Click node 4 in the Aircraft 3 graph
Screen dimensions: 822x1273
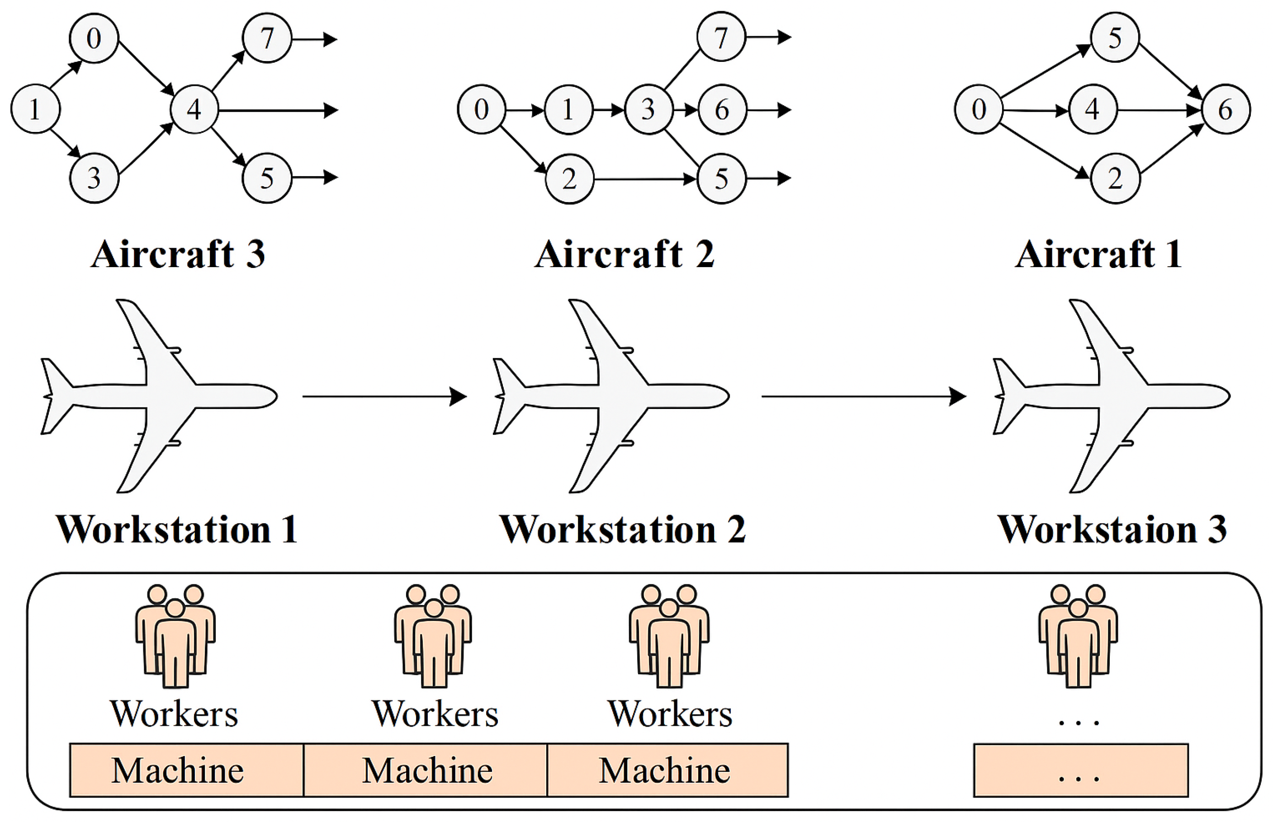194,109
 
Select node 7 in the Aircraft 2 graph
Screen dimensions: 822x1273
721,38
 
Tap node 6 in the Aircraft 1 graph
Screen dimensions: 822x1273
1226,109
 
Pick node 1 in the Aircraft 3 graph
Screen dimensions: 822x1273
35,109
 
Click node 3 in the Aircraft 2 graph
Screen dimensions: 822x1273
648,109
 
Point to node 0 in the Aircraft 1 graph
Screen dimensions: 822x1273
978,109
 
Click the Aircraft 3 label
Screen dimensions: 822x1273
178,254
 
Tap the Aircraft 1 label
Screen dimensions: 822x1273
1098,254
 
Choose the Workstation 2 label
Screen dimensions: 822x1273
622,530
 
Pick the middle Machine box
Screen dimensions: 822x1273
426,770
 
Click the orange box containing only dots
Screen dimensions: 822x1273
1081,770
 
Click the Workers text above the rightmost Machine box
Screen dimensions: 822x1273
670,714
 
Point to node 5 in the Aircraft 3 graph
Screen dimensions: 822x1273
267,178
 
